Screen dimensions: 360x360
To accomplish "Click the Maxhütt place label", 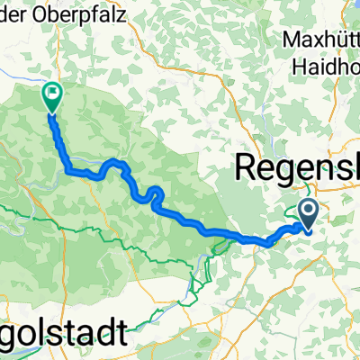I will click(x=319, y=41).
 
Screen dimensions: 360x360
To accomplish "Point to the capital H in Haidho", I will click(x=301, y=66).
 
